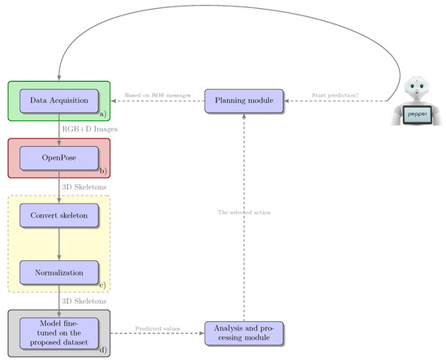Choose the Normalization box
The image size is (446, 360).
pos(58,272)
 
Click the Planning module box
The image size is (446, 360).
pos(244,101)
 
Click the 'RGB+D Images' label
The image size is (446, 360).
pos(88,128)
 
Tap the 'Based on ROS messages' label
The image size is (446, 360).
pos(158,95)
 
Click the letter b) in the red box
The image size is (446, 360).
pos(103,172)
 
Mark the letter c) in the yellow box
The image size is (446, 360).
pos(103,285)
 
